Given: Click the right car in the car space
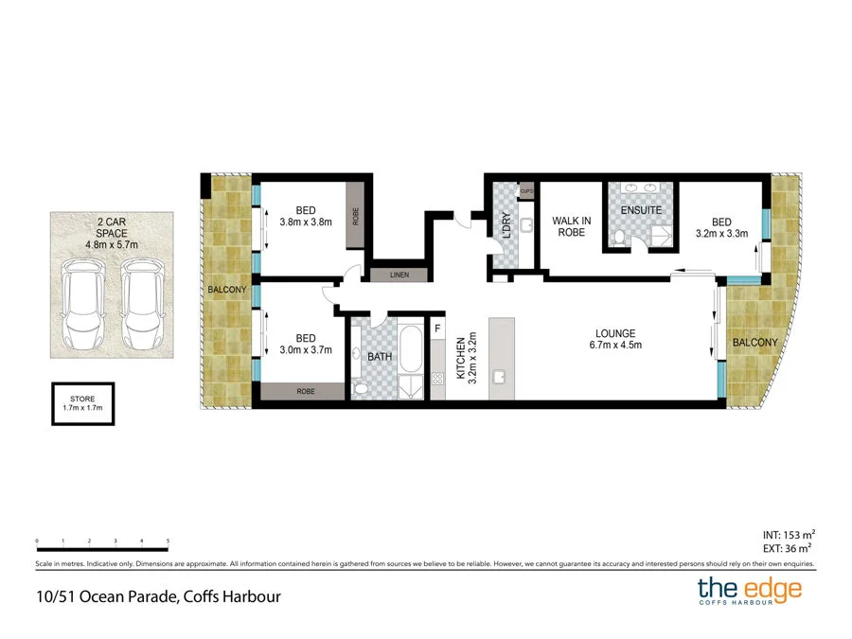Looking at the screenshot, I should (x=141, y=302).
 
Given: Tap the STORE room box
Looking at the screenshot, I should (x=82, y=402).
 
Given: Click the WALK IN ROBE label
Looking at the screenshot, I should (x=571, y=226).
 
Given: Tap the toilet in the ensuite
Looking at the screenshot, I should (x=618, y=237).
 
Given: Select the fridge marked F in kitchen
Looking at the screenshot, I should (x=436, y=328).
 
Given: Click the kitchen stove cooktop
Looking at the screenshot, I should (x=437, y=379).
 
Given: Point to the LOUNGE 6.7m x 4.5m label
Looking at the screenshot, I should (x=614, y=339).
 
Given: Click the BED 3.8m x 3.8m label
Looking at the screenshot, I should (x=305, y=217).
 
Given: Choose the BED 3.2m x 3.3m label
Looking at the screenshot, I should (x=722, y=225).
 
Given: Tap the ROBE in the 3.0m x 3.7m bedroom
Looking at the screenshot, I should (x=305, y=390).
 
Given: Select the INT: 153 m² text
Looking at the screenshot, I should (x=786, y=533).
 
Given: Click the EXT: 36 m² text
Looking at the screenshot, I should (x=786, y=546).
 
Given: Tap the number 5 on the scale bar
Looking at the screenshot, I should (x=168, y=541).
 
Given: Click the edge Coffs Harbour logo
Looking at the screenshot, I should (x=749, y=591).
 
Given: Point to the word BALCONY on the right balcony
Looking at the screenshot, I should (x=754, y=343).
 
